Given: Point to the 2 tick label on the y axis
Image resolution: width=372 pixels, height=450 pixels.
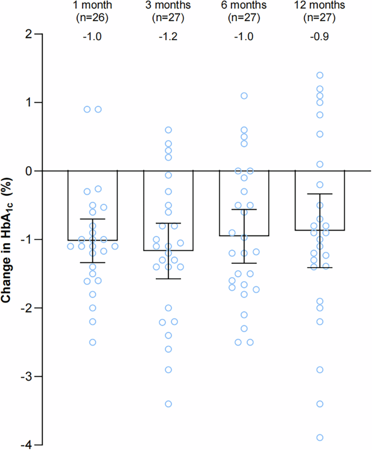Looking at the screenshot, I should click(24, 34).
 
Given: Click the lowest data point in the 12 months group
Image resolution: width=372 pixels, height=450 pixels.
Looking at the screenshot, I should click(320, 438).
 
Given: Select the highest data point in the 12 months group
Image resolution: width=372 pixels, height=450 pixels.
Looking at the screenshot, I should click(320, 75).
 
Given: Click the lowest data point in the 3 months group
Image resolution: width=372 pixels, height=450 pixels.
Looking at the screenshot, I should click(168, 403).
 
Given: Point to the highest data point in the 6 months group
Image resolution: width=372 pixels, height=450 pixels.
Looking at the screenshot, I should click(244, 96).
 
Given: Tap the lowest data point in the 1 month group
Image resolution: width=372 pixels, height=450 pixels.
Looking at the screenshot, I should click(92, 342).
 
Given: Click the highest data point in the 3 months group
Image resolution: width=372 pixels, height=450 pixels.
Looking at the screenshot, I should click(168, 130).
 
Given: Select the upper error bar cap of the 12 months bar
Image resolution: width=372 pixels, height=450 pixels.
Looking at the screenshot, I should click(320, 194).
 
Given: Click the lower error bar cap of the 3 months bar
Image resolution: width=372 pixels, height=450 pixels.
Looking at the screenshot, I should click(168, 278).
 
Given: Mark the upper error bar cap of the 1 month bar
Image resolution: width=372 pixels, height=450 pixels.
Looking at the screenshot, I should click(92, 219).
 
